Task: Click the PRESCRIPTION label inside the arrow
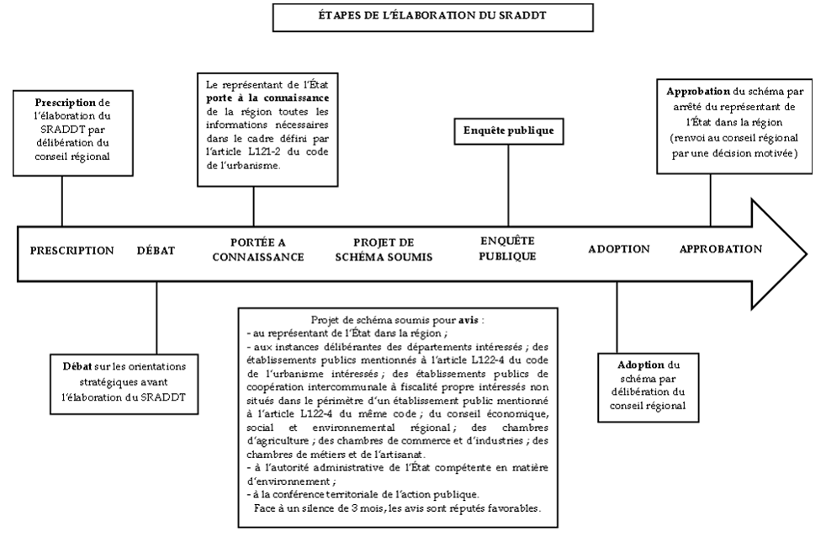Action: (x=71, y=250)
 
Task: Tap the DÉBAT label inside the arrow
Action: (x=156, y=250)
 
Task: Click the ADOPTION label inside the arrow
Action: (x=618, y=250)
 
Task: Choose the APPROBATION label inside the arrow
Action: (x=721, y=249)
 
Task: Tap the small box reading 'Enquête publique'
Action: (x=508, y=130)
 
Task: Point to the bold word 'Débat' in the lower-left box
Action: (x=78, y=366)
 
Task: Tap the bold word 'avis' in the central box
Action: (x=469, y=321)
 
